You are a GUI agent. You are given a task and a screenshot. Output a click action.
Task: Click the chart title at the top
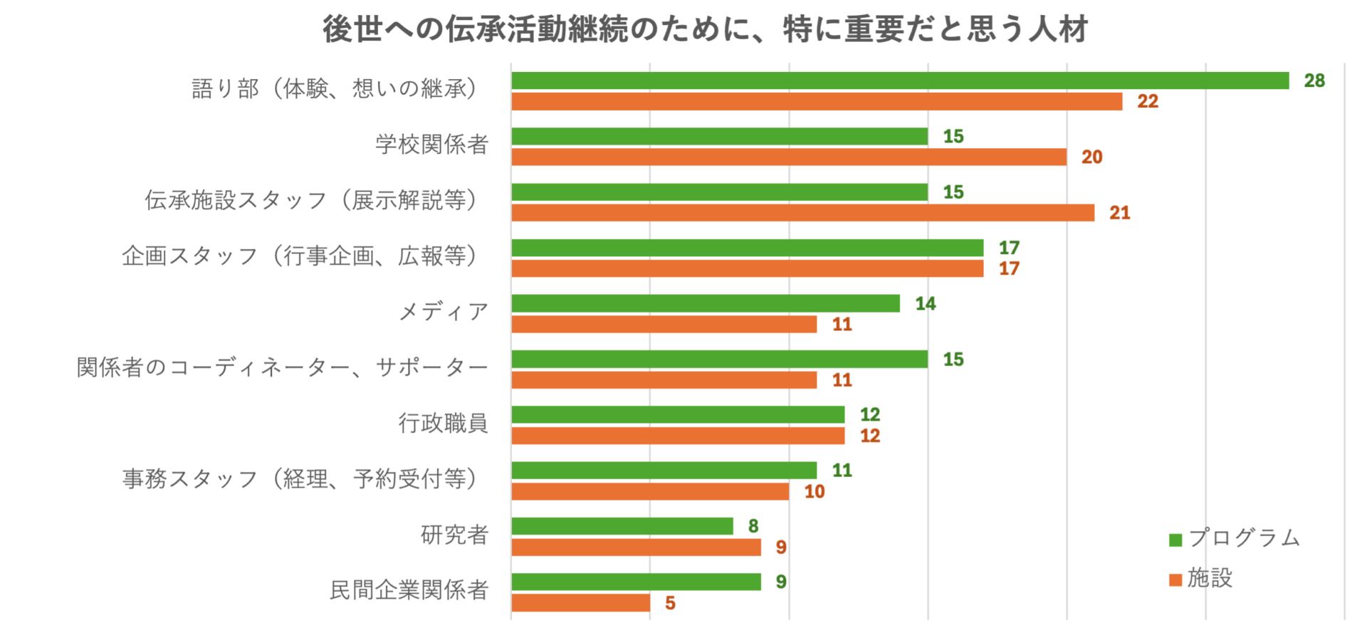(705, 30)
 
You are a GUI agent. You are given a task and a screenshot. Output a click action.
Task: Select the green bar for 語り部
(900, 80)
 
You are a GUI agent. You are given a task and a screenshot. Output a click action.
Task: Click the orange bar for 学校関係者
(789, 157)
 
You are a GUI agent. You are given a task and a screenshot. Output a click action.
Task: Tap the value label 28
(1314, 80)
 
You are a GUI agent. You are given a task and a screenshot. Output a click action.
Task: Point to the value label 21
(1119, 213)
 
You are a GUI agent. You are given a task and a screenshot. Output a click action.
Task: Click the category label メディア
(443, 312)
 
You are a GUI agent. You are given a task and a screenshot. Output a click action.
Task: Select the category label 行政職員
(443, 424)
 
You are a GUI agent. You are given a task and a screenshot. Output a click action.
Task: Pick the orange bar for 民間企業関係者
(580, 603)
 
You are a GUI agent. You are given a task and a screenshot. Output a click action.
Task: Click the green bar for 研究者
(622, 526)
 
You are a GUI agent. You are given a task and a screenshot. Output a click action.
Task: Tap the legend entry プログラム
(1244, 538)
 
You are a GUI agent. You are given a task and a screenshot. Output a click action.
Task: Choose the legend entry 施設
(1210, 578)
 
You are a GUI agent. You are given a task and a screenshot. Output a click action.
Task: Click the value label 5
(670, 603)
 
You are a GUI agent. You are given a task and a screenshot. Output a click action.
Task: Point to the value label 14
(925, 304)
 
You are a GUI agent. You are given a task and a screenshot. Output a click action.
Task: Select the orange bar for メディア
(664, 325)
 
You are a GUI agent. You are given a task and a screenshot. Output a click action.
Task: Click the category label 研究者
(454, 535)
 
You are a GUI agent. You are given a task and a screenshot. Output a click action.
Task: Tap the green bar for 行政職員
(678, 414)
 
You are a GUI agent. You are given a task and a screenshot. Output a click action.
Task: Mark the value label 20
(1091, 157)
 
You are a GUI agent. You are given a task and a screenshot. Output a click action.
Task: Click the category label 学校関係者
(431, 145)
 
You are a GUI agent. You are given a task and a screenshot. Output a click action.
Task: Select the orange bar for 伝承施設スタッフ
(802, 213)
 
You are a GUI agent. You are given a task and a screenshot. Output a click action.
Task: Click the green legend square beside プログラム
(1175, 540)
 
